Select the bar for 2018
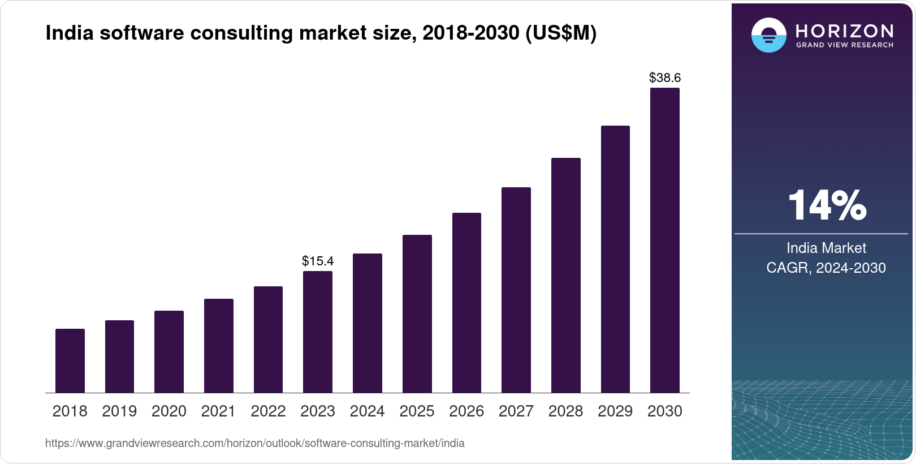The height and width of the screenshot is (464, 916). pyautogui.click(x=70, y=360)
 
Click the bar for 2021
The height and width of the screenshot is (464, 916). pyautogui.click(x=219, y=346)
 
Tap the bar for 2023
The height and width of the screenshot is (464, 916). pyautogui.click(x=318, y=332)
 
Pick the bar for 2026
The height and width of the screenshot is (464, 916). pyautogui.click(x=466, y=303)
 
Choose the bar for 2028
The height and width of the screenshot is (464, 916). pyautogui.click(x=565, y=275)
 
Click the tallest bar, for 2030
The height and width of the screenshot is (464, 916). pyautogui.click(x=665, y=240)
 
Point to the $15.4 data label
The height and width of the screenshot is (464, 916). pyautogui.click(x=318, y=261)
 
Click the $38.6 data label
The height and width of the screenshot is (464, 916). pyautogui.click(x=665, y=78)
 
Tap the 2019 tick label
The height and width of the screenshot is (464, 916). pyautogui.click(x=119, y=411)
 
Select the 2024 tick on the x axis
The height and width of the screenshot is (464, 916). pyautogui.click(x=367, y=411)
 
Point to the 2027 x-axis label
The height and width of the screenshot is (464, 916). pyautogui.click(x=516, y=411)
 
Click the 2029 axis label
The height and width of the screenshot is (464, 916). pyautogui.click(x=615, y=411)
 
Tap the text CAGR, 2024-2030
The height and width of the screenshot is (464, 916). pyautogui.click(x=826, y=268)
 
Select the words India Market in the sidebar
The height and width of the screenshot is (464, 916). pyautogui.click(x=826, y=248)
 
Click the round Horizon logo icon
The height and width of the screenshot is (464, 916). pyautogui.click(x=768, y=35)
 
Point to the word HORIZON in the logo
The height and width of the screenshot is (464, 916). pyautogui.click(x=845, y=31)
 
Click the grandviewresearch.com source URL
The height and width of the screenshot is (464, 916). pyautogui.click(x=254, y=443)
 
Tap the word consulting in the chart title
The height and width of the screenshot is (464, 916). pyautogui.click(x=242, y=33)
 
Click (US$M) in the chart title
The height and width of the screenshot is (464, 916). pyautogui.click(x=561, y=33)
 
